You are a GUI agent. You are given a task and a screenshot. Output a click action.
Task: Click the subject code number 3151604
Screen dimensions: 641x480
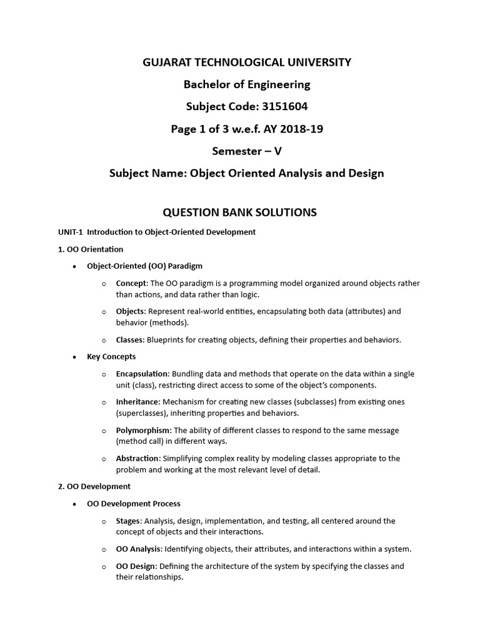pyautogui.click(x=283, y=106)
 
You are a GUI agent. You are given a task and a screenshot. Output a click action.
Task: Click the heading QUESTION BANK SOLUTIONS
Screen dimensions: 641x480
pyautogui.click(x=240, y=212)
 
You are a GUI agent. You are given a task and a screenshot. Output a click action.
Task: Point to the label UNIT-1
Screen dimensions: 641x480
pyautogui.click(x=70, y=232)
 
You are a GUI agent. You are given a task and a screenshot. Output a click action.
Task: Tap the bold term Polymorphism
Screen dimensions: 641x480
pyautogui.click(x=143, y=430)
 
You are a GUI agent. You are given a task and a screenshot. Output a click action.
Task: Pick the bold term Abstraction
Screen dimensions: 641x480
pyautogui.click(x=137, y=458)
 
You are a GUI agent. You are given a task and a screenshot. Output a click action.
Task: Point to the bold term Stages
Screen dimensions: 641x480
pyautogui.click(x=128, y=521)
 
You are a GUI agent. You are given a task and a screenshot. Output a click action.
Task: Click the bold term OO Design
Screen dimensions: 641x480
pyautogui.click(x=136, y=566)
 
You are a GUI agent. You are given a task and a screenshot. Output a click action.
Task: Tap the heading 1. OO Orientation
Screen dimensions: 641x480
pyautogui.click(x=91, y=249)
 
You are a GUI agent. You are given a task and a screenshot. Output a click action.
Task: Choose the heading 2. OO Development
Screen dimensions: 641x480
pyautogui.click(x=94, y=486)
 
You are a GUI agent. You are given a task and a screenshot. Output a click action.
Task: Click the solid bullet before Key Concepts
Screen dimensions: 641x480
pyautogui.click(x=74, y=357)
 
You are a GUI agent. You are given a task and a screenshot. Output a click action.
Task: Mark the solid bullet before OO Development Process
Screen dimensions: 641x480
pyautogui.click(x=74, y=503)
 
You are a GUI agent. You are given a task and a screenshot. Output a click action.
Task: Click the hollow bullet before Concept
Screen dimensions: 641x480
pyautogui.click(x=104, y=284)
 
